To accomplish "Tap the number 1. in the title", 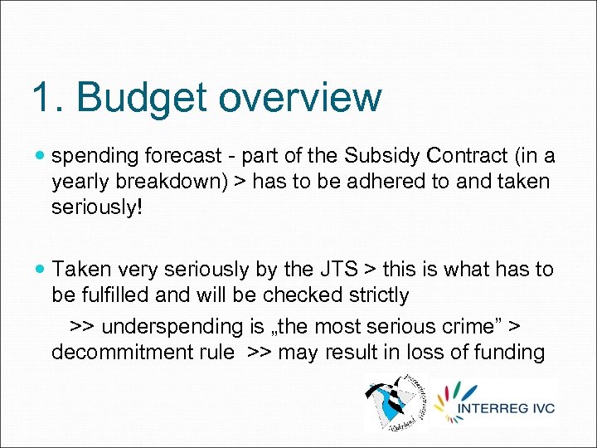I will point(48,97).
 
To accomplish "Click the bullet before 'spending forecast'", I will point(41,155).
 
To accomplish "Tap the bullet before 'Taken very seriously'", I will point(41,269).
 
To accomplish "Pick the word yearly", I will point(75,181).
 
